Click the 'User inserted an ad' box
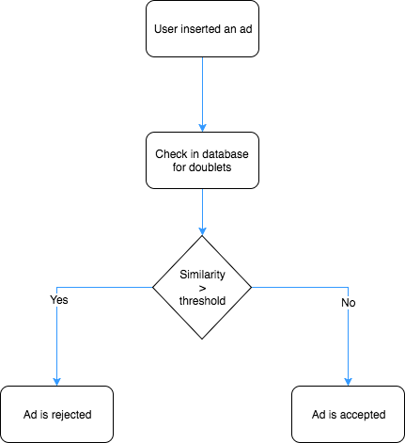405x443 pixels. (202, 29)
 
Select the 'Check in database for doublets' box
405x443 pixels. (202, 160)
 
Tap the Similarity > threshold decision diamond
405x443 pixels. (202, 287)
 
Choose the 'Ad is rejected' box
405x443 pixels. (56, 414)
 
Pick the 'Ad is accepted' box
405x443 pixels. (348, 414)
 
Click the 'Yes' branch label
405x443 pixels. (59, 300)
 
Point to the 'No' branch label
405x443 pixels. (349, 303)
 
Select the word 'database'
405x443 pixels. (225, 154)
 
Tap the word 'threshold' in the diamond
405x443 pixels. (202, 301)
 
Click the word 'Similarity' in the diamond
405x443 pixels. (202, 275)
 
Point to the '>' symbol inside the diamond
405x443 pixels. (202, 288)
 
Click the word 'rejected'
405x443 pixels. (71, 415)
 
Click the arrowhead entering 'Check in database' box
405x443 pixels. (202, 128)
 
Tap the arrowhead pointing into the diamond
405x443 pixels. (202, 231)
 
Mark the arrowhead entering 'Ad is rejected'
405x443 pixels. (56, 382)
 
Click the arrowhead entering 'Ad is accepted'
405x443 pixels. (348, 382)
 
